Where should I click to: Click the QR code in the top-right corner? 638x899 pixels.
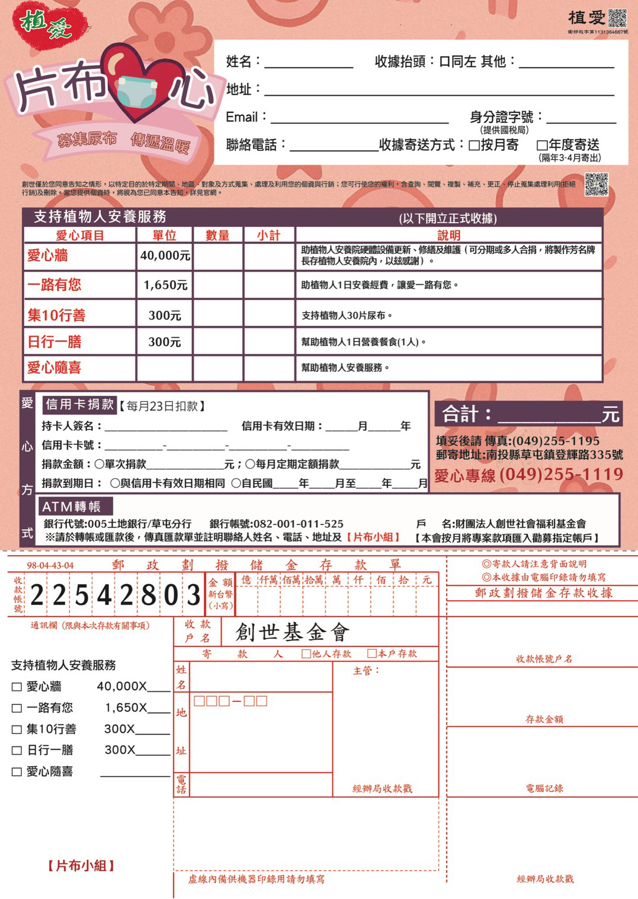click(x=617, y=18)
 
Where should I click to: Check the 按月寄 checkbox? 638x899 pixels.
click(x=474, y=146)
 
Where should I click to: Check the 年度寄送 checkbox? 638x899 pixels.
click(x=541, y=146)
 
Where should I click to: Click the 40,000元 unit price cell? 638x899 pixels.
click(x=165, y=256)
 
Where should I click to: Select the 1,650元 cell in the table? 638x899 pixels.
click(x=165, y=285)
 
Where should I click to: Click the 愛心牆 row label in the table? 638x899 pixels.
click(x=47, y=256)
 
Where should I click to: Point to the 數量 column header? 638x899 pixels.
click(x=217, y=236)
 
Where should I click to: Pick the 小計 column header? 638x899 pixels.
click(x=268, y=236)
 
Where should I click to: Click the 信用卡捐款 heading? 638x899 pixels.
click(x=79, y=405)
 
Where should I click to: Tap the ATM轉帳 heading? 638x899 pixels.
click(x=71, y=507)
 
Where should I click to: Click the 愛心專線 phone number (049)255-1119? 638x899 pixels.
click(x=561, y=475)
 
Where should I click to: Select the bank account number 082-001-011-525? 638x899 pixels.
click(x=298, y=524)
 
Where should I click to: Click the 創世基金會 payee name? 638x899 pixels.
click(x=292, y=633)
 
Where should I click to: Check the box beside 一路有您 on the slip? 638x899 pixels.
click(x=17, y=708)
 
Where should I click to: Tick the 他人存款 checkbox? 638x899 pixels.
click(x=306, y=654)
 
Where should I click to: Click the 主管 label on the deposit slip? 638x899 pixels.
click(x=366, y=671)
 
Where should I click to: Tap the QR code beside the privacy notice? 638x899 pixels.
click(x=596, y=184)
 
